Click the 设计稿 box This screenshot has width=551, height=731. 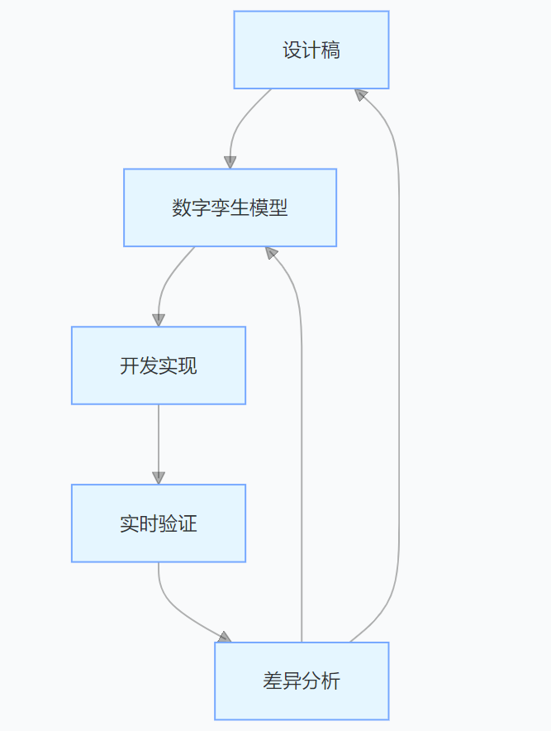click(311, 50)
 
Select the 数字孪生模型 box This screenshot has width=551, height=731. click(230, 208)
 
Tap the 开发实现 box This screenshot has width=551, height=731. click(159, 365)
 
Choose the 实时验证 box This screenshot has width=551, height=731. click(159, 523)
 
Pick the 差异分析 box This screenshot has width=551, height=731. click(302, 681)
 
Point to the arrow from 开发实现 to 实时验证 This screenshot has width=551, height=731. click(159, 444)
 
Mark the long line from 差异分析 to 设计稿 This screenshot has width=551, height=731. click(399, 364)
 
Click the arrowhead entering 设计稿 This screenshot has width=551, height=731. click(360, 94)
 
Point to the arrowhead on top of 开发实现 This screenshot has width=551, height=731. click(159, 320)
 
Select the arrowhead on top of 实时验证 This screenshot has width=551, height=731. click(159, 478)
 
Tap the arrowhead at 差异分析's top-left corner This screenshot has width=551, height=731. click(225, 638)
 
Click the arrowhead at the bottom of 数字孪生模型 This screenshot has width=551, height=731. click(271, 253)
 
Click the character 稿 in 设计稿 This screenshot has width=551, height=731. click(330, 50)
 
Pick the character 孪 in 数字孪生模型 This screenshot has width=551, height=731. click(221, 208)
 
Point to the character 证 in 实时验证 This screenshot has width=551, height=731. click(188, 523)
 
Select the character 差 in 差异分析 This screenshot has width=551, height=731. click(273, 681)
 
